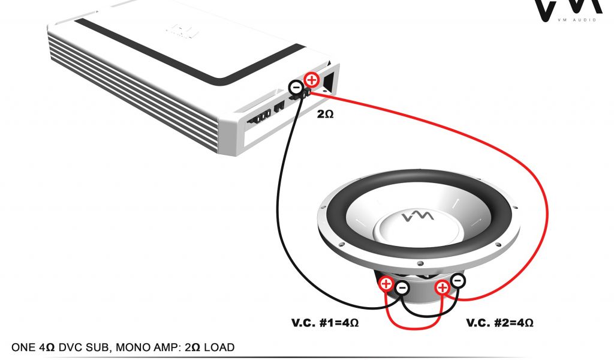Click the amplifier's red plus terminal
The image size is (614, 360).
point(311,79)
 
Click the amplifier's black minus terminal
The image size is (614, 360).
point(295,88)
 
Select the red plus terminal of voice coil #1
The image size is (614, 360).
point(386,284)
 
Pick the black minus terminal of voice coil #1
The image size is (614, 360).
point(402,289)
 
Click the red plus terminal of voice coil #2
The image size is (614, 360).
point(443,288)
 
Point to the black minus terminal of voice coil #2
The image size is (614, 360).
point(458,280)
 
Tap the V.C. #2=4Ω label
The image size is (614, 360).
point(499,323)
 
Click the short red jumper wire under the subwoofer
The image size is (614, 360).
point(414,327)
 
